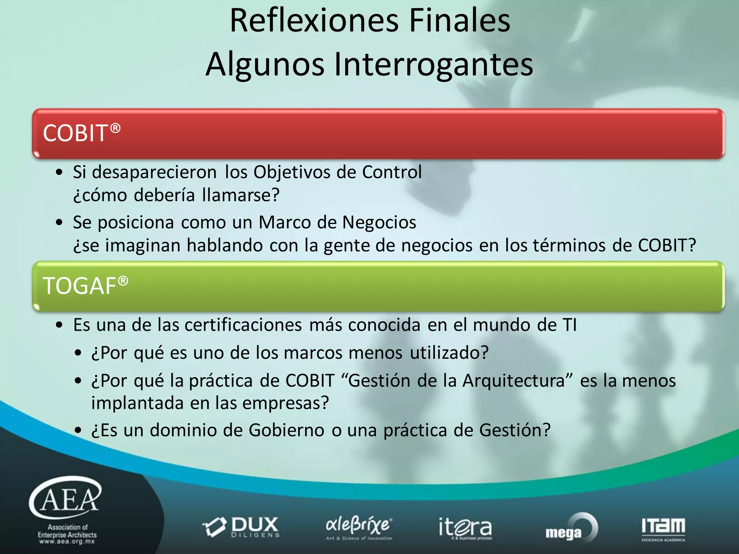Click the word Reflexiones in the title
314,21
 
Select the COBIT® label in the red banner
82,132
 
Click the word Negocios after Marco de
379,222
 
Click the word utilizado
449,353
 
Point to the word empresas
285,403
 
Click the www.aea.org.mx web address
67,542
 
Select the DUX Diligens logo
241,527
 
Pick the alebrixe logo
359,528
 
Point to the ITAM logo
663,528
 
